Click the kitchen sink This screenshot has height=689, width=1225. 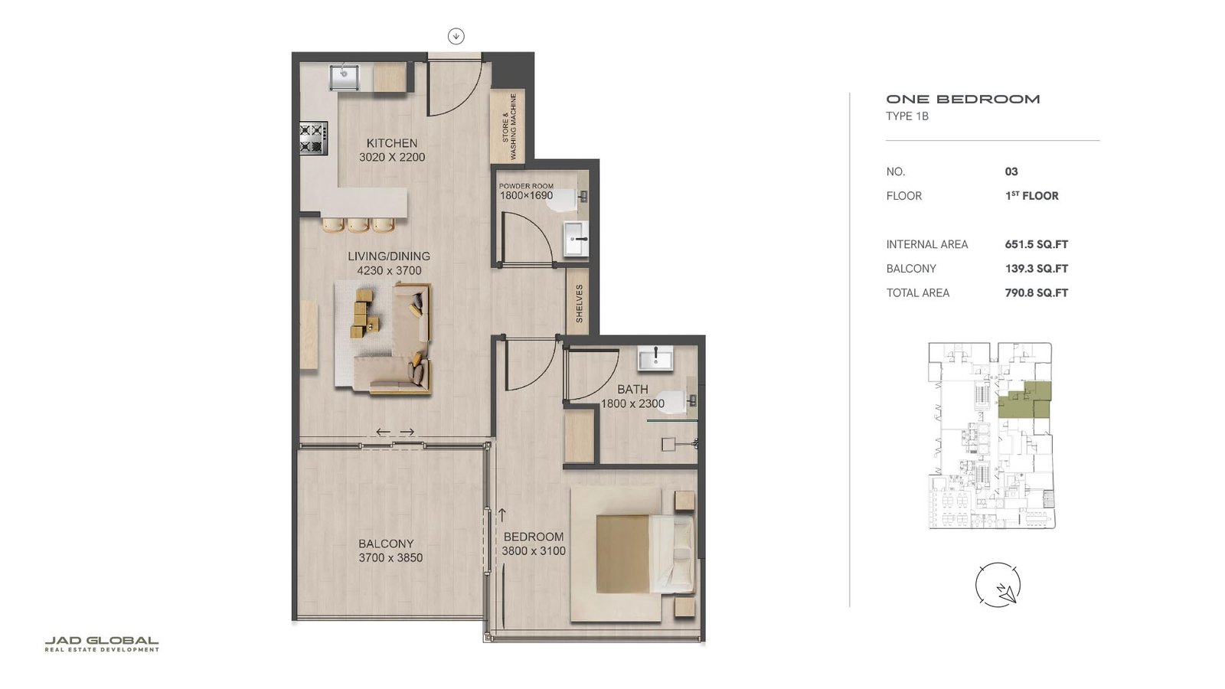344,77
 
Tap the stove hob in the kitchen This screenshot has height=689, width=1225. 312,139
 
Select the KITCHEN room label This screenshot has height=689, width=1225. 392,143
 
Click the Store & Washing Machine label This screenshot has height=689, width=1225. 509,127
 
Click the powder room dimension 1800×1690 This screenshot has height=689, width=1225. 526,196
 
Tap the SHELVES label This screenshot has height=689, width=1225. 580,303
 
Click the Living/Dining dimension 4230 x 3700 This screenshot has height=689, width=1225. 389,270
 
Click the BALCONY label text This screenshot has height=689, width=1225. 386,544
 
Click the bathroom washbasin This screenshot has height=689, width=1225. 655,358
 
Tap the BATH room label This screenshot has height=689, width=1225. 632,389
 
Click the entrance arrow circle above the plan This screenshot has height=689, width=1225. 456,36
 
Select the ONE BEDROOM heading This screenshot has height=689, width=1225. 962,99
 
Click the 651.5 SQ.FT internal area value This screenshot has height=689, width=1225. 1036,244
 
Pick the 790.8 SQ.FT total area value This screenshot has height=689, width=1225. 1036,292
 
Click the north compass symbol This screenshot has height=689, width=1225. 998,586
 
